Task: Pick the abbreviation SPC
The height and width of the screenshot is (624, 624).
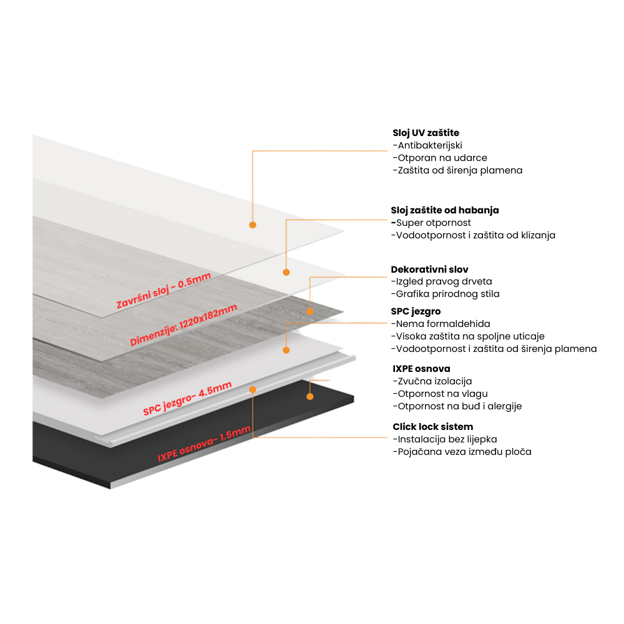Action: (153, 408)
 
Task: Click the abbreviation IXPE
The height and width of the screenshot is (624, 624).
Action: (168, 456)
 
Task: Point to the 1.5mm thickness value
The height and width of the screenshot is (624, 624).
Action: (238, 431)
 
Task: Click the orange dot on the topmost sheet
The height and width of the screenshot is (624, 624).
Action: (253, 225)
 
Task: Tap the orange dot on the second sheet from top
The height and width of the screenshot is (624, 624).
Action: (286, 272)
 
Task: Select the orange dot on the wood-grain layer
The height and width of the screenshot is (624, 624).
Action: (310, 310)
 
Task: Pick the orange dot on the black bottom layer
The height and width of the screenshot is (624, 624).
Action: (310, 396)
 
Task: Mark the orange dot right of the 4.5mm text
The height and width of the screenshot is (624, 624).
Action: (253, 389)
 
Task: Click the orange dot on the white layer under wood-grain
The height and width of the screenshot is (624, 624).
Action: (286, 350)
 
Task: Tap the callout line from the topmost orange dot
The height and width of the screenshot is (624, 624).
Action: (318, 151)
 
